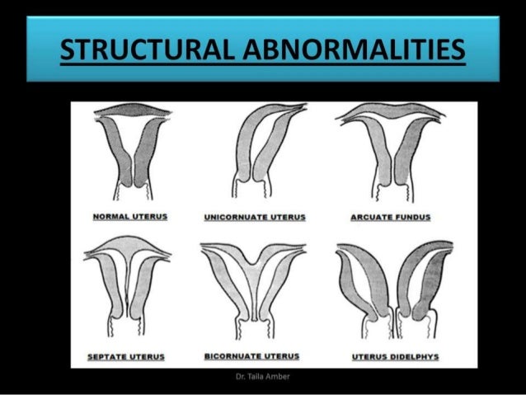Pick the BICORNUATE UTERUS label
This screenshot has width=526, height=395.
(x=251, y=355)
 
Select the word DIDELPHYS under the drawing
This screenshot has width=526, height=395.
(x=406, y=356)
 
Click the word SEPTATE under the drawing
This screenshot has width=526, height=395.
(x=115, y=356)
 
